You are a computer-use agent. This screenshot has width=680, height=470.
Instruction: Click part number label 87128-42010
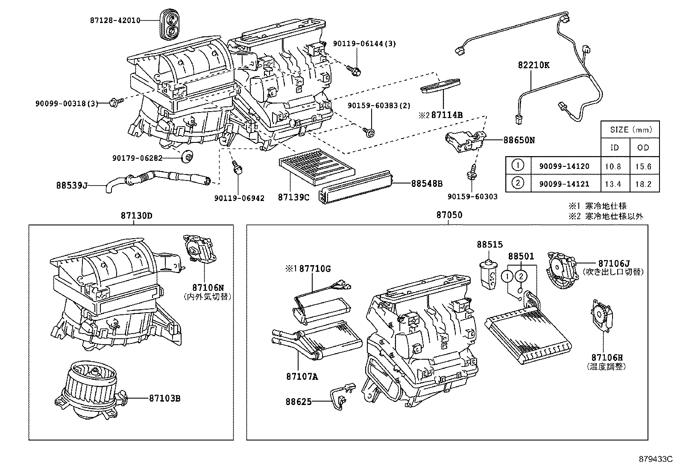coord(115,20)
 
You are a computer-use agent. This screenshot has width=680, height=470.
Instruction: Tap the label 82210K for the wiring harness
coord(533,65)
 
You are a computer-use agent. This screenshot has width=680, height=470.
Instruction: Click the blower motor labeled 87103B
coord(88,389)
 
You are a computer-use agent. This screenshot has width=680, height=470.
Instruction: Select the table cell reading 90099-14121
coord(564,184)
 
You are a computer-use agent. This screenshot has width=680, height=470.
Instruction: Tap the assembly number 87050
coord(449,215)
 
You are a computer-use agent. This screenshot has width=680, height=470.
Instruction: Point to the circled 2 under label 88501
coord(521,276)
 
